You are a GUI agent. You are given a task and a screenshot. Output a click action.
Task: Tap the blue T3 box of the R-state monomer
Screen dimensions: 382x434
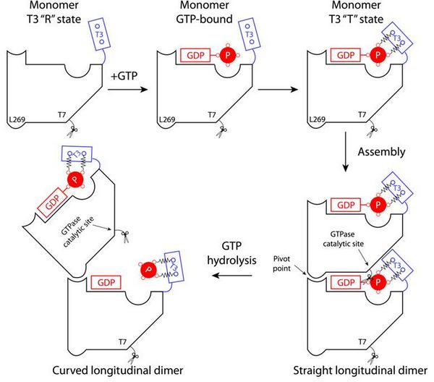click(101, 36)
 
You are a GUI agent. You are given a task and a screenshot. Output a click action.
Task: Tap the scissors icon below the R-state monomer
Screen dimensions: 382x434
click(72, 131)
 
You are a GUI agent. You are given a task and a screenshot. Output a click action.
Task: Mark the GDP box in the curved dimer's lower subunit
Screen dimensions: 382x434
click(106, 281)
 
